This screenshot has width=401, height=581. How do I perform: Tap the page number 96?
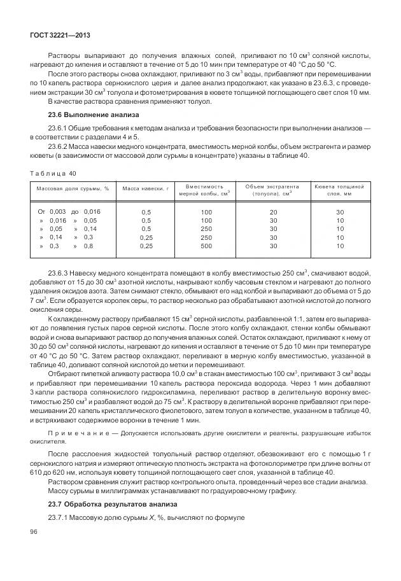tap(34, 531)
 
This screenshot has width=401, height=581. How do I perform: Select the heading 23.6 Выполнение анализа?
tap(80, 115)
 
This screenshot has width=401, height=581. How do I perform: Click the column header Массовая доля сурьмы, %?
tap(73, 189)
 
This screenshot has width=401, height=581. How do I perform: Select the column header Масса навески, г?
tap(146, 189)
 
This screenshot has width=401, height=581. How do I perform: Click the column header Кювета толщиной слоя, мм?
tap(339, 189)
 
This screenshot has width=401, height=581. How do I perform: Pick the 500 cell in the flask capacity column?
tap(206, 246)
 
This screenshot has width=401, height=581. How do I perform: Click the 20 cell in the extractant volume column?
tap(273, 211)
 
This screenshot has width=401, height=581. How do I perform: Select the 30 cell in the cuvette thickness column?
tap(340, 211)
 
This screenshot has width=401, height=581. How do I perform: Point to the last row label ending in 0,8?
tap(66, 246)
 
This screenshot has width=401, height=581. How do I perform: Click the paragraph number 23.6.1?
tap(58, 129)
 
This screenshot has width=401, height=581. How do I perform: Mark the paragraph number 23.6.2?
tap(58, 145)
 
